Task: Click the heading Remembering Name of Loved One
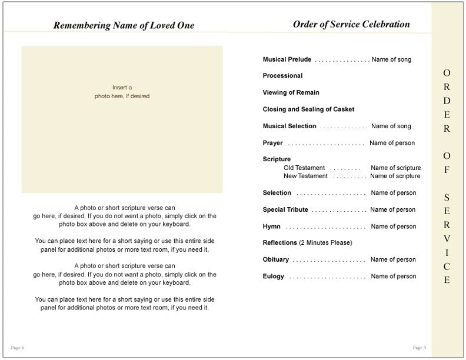(x=123, y=25)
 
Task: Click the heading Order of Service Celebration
(x=351, y=25)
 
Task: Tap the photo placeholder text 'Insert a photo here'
(x=122, y=92)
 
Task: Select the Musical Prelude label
(x=287, y=59)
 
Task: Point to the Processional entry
(x=282, y=76)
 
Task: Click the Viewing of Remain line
(x=291, y=92)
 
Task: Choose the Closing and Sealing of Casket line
(x=308, y=109)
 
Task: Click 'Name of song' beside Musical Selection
(x=391, y=126)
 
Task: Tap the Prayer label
(x=272, y=143)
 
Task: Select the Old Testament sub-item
(x=305, y=168)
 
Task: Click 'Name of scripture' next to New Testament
(x=395, y=176)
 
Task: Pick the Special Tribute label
(x=285, y=210)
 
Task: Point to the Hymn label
(x=271, y=226)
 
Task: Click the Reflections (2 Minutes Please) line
(x=307, y=243)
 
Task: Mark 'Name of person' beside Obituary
(x=393, y=259)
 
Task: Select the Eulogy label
(x=273, y=276)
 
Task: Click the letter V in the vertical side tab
(x=447, y=238)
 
